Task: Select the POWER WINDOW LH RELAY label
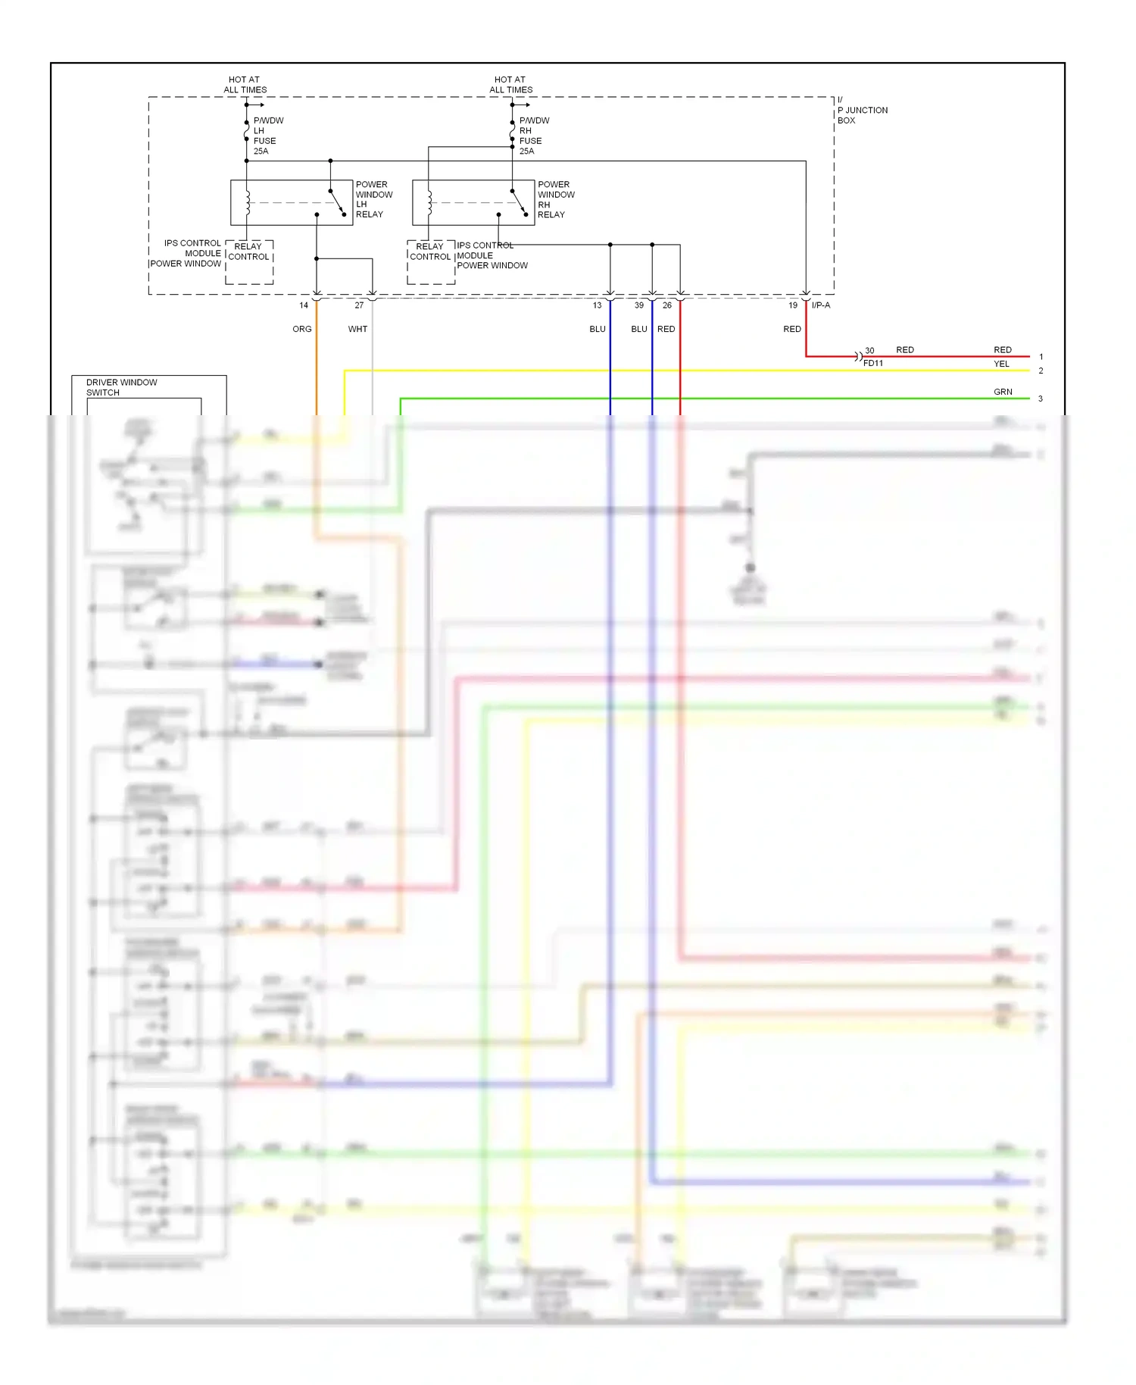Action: tap(373, 199)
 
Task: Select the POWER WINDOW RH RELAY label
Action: tap(555, 199)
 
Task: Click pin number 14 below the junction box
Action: tap(304, 305)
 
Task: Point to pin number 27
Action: tap(359, 305)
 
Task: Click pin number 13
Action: tap(597, 305)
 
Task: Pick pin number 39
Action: tap(639, 305)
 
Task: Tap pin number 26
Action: tap(666, 305)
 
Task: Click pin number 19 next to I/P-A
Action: tap(793, 305)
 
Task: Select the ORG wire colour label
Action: tap(301, 329)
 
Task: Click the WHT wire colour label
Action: tap(357, 329)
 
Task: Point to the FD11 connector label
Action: tap(873, 364)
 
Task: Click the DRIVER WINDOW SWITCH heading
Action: tap(121, 387)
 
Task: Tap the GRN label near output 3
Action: tap(1003, 392)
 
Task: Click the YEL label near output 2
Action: tap(1001, 364)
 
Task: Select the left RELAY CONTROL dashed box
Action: tap(249, 262)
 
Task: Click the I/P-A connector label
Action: tap(821, 305)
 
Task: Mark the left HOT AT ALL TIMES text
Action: tap(245, 84)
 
